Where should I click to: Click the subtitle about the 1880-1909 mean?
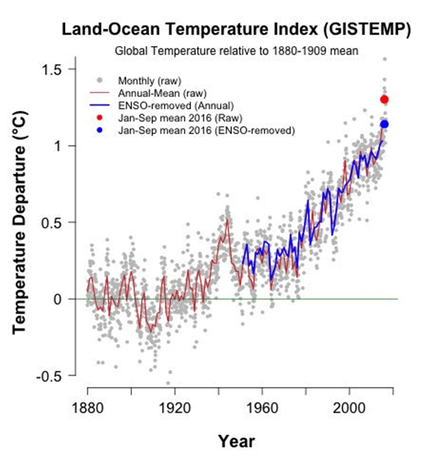point(237,51)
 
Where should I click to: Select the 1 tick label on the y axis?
point(58,145)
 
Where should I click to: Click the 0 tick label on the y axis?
point(58,299)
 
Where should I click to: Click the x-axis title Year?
point(236,442)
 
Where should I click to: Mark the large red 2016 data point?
point(384,99)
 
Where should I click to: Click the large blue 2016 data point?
point(384,124)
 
